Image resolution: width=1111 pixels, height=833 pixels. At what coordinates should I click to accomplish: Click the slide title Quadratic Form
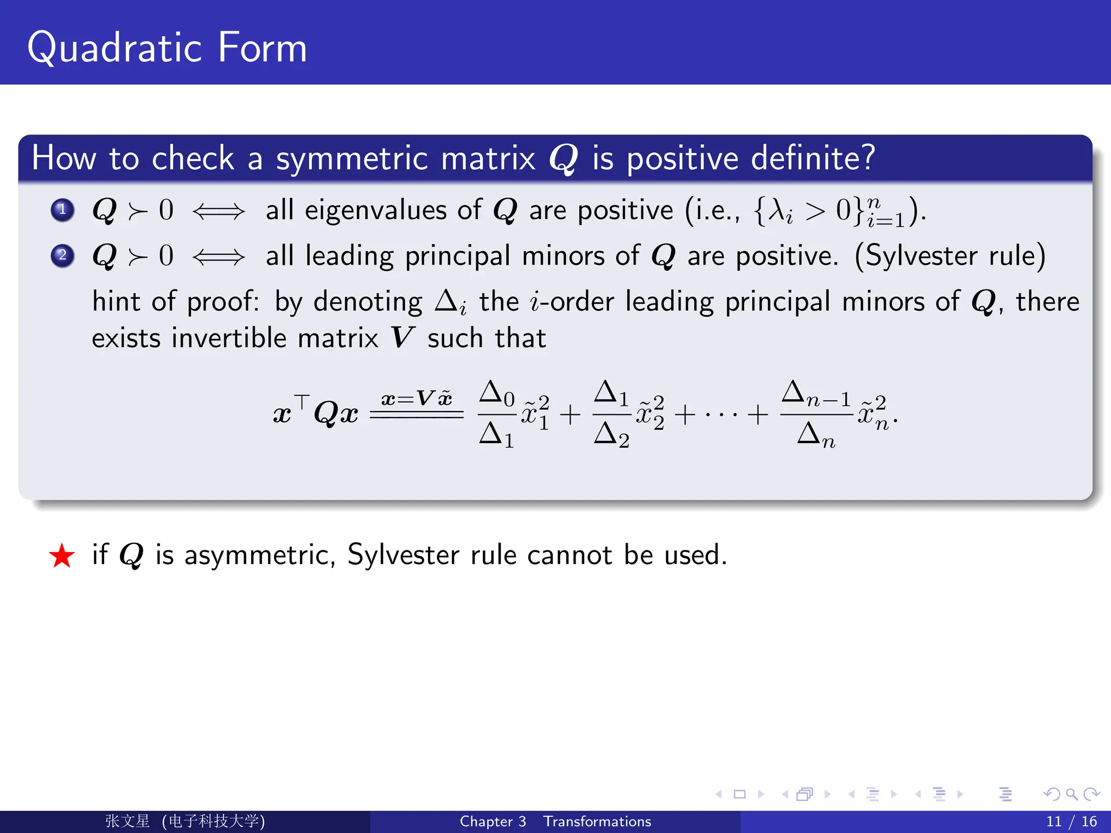[x=167, y=48]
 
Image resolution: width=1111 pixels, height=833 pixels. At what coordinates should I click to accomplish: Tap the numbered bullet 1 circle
[x=62, y=210]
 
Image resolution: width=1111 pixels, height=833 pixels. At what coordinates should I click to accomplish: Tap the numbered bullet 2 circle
[x=62, y=255]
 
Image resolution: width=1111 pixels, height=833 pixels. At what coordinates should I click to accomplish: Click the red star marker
[x=61, y=556]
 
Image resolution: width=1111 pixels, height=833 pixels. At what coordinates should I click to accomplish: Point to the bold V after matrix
[x=402, y=338]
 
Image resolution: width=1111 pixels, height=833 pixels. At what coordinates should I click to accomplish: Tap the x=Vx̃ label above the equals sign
[x=416, y=399]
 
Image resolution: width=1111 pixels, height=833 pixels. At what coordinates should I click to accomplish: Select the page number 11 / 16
[x=1071, y=822]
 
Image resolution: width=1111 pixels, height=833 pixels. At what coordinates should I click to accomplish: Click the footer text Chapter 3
[x=493, y=822]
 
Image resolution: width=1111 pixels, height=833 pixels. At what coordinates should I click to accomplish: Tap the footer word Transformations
[x=597, y=822]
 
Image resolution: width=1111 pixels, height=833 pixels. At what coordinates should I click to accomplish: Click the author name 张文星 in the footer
[x=127, y=821]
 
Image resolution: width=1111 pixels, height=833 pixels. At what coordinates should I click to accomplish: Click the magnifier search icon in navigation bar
[x=1071, y=794]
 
